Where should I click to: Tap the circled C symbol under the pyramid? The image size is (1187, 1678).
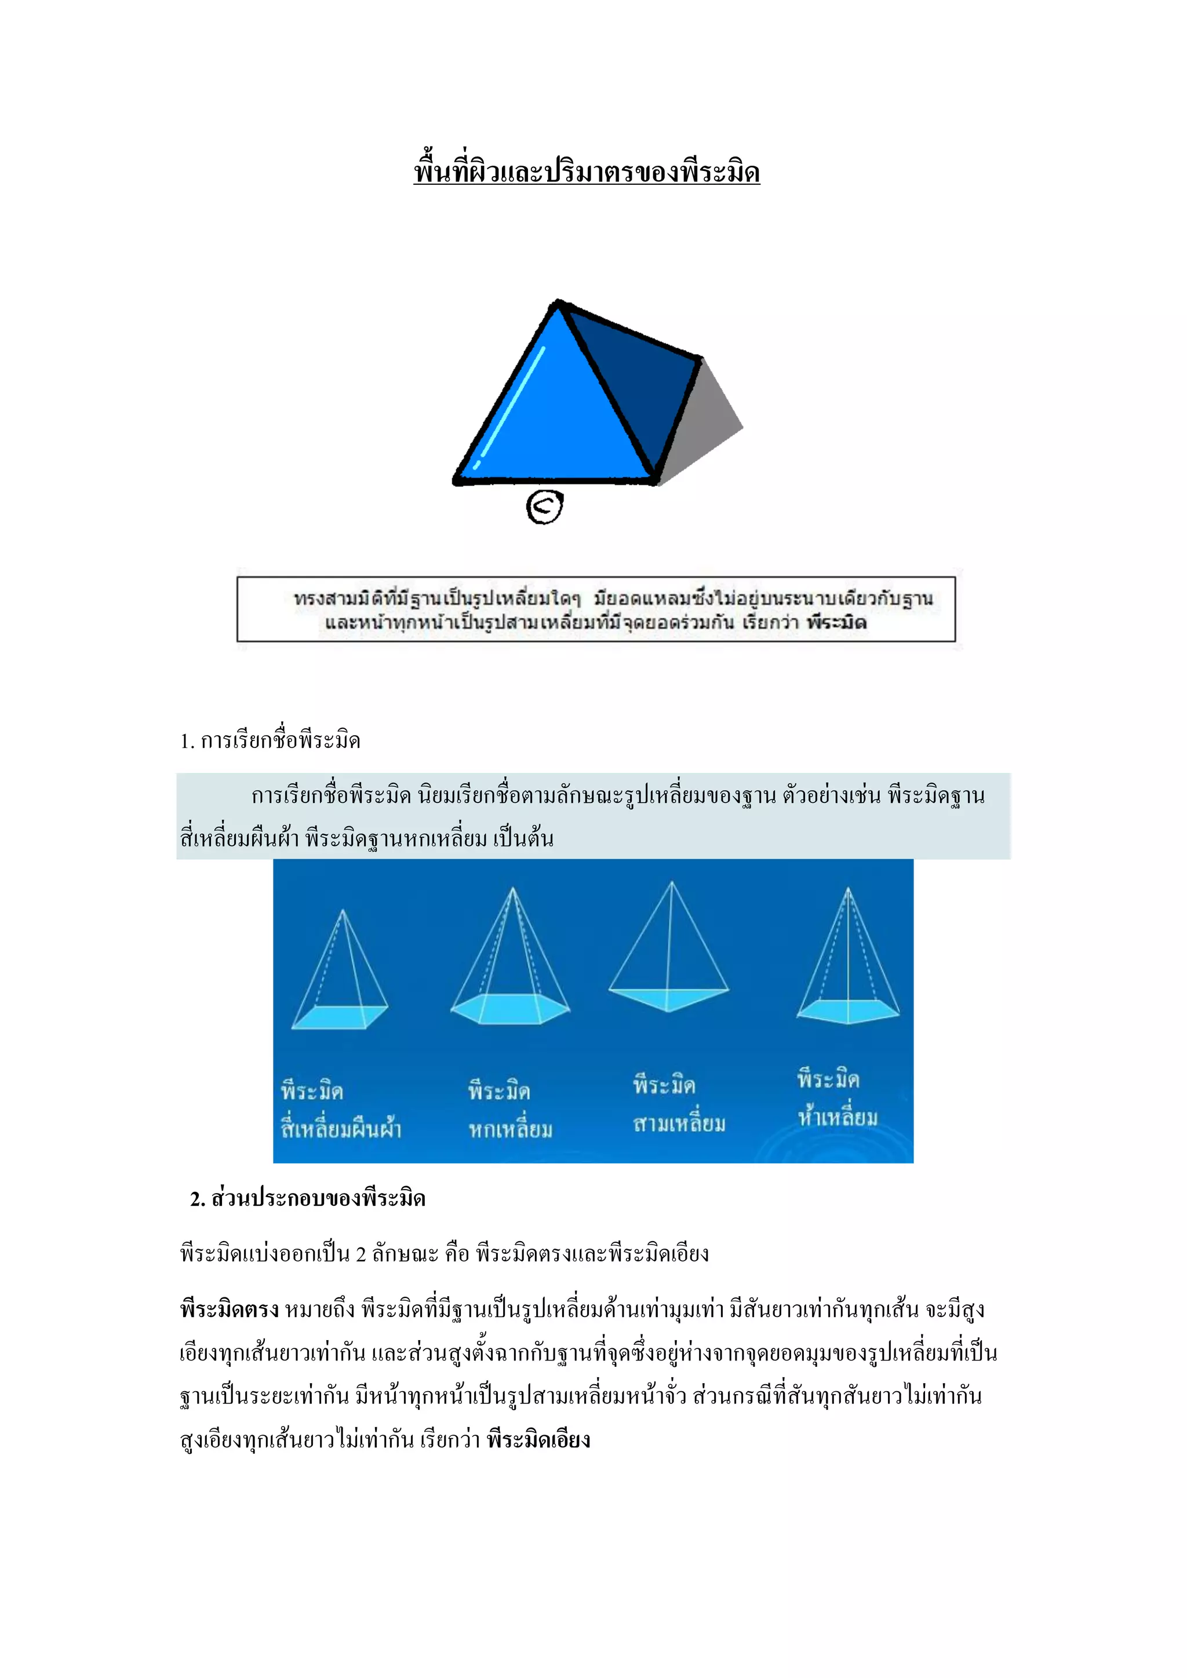point(545,506)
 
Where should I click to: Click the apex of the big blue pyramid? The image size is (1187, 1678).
point(558,304)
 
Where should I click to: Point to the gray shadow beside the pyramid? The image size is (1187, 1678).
point(705,424)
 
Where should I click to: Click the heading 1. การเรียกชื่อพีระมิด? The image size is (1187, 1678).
point(271,740)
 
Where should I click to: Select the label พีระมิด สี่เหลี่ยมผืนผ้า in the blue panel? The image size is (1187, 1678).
point(341,1110)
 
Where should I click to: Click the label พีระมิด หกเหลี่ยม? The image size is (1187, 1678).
point(510,1110)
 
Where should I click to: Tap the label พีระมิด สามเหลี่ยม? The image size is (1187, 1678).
point(679,1104)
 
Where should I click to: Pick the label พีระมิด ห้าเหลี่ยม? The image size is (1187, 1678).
point(837,1099)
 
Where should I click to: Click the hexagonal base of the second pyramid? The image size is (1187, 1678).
point(510,1009)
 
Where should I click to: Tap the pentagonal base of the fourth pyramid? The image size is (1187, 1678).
point(848,1010)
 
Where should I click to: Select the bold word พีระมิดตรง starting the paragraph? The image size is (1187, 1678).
point(230,1309)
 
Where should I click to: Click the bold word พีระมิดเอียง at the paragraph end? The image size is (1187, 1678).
point(538,1440)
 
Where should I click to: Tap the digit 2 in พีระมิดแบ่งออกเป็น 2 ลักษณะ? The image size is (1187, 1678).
point(361,1254)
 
